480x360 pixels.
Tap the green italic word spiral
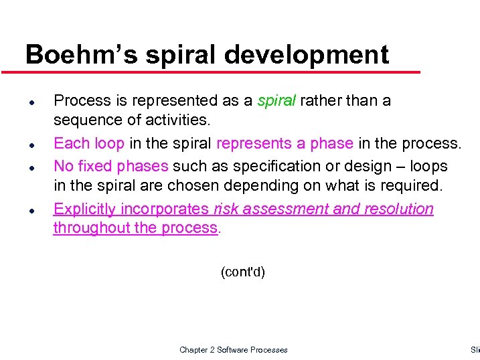[x=276, y=101]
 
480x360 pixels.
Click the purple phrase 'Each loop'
[x=88, y=144]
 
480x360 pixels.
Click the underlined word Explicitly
[x=84, y=209]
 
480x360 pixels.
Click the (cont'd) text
[x=242, y=272]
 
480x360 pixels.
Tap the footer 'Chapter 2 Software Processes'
[x=233, y=349]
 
